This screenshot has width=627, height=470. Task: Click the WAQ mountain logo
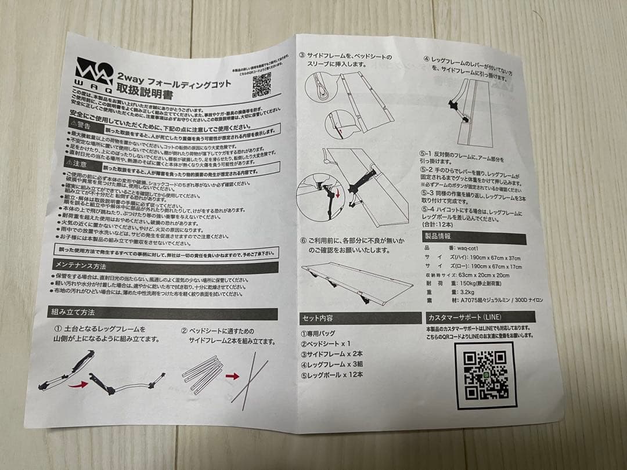(93, 71)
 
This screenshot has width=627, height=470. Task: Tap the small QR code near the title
(262, 85)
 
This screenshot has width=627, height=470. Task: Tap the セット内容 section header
(317, 318)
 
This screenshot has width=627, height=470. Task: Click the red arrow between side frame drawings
(232, 376)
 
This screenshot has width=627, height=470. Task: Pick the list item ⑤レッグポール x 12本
(332, 374)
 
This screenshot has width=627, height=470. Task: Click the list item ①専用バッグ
(319, 334)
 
